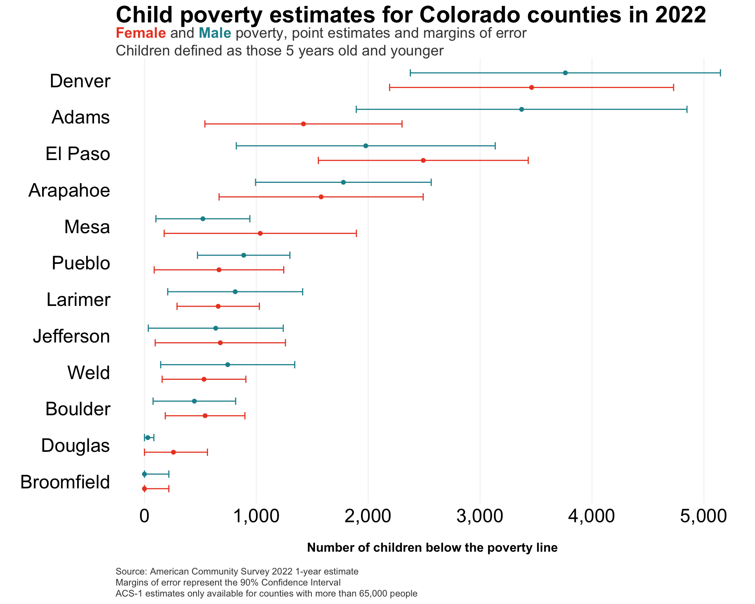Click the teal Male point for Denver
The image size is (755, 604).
pyautogui.click(x=565, y=73)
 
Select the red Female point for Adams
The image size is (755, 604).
pyautogui.click(x=303, y=124)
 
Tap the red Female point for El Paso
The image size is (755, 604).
pyautogui.click(x=423, y=160)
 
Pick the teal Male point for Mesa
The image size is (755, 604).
pyautogui.click(x=203, y=219)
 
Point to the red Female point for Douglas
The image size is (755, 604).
pyautogui.click(x=173, y=452)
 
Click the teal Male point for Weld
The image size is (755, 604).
pyautogui.click(x=228, y=365)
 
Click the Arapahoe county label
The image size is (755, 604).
pyautogui.click(x=69, y=190)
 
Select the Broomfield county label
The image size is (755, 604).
pyautogui.click(x=65, y=482)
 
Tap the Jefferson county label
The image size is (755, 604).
pyautogui.click(x=71, y=336)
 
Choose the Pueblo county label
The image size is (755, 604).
pyautogui.click(x=81, y=263)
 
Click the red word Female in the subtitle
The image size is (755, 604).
pyautogui.click(x=141, y=33)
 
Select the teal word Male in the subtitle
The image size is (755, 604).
pyautogui.click(x=215, y=33)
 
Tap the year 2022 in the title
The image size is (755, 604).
pyautogui.click(x=676, y=16)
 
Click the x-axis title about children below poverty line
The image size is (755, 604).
pyautogui.click(x=432, y=548)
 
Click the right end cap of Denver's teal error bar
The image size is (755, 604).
pyautogui.click(x=720, y=73)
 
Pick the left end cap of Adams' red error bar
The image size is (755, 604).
pyautogui.click(x=205, y=124)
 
